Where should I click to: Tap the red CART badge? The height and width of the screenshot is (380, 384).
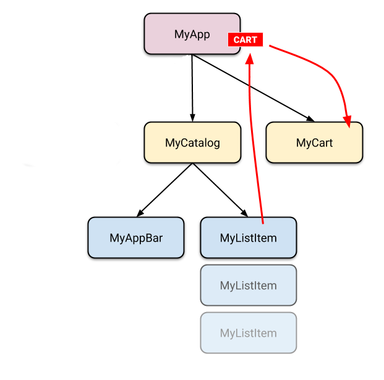pos(245,40)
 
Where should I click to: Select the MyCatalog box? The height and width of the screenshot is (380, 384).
pos(192,143)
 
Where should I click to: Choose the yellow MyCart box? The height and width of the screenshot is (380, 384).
pos(314,143)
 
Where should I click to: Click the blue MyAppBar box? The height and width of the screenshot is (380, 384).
pos(136,238)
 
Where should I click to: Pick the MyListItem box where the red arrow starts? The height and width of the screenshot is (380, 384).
pos(248,238)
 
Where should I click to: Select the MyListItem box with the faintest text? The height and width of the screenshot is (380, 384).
pos(248,333)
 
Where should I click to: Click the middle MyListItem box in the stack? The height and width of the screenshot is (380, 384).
pos(248,285)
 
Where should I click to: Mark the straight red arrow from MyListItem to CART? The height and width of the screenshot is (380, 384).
pos(255,142)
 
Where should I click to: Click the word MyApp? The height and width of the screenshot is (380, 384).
pos(192,35)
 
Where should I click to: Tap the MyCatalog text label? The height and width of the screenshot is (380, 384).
pos(192,143)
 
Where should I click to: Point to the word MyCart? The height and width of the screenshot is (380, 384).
pos(314,143)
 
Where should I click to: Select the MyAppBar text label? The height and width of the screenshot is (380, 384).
pos(136,238)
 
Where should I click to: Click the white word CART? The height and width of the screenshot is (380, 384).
pos(245,40)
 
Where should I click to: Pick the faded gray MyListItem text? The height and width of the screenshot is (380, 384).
pos(248,334)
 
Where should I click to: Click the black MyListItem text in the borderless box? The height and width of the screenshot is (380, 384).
pos(248,238)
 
